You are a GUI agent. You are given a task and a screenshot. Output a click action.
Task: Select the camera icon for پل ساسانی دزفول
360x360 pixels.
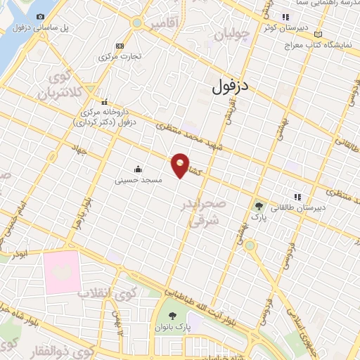tap(40, 16)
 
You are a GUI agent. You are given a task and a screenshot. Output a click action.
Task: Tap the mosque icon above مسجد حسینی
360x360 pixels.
tap(137, 169)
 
